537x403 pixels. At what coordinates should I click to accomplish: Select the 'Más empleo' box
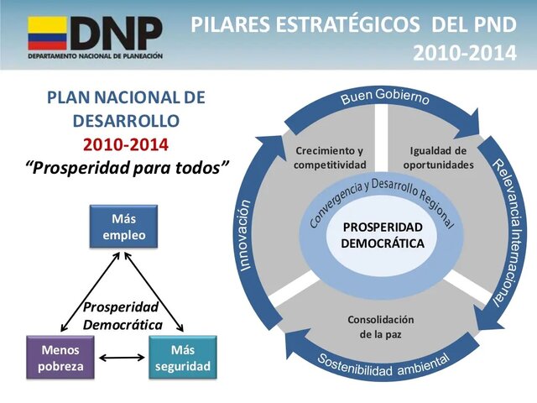click(x=123, y=228)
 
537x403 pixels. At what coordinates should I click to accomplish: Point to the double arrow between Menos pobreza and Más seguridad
click(x=122, y=359)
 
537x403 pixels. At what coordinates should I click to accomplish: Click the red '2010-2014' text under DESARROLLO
click(x=126, y=144)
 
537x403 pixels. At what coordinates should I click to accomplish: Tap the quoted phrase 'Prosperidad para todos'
click(x=128, y=167)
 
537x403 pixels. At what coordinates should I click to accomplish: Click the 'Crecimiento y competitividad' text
click(x=330, y=157)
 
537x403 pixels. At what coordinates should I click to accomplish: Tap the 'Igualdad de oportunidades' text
click(x=438, y=157)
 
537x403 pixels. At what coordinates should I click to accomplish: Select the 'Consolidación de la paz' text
click(x=381, y=327)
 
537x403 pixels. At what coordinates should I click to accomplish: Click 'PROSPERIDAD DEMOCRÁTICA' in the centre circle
click(x=383, y=235)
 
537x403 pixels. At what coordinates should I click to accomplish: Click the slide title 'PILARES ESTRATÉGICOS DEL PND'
click(x=353, y=25)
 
